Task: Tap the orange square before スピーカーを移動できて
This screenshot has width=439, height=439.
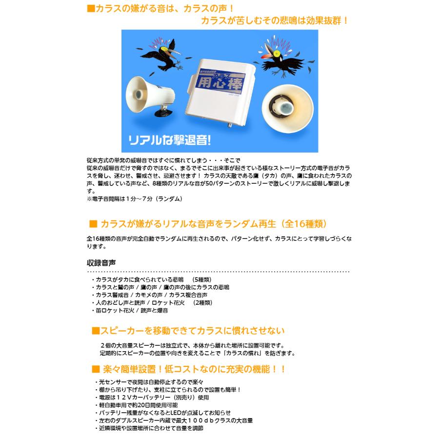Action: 95,331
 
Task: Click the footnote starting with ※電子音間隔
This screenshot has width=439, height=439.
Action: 134,199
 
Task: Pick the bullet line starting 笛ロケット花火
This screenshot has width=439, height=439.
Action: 132,310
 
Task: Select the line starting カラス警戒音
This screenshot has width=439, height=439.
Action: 151,295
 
